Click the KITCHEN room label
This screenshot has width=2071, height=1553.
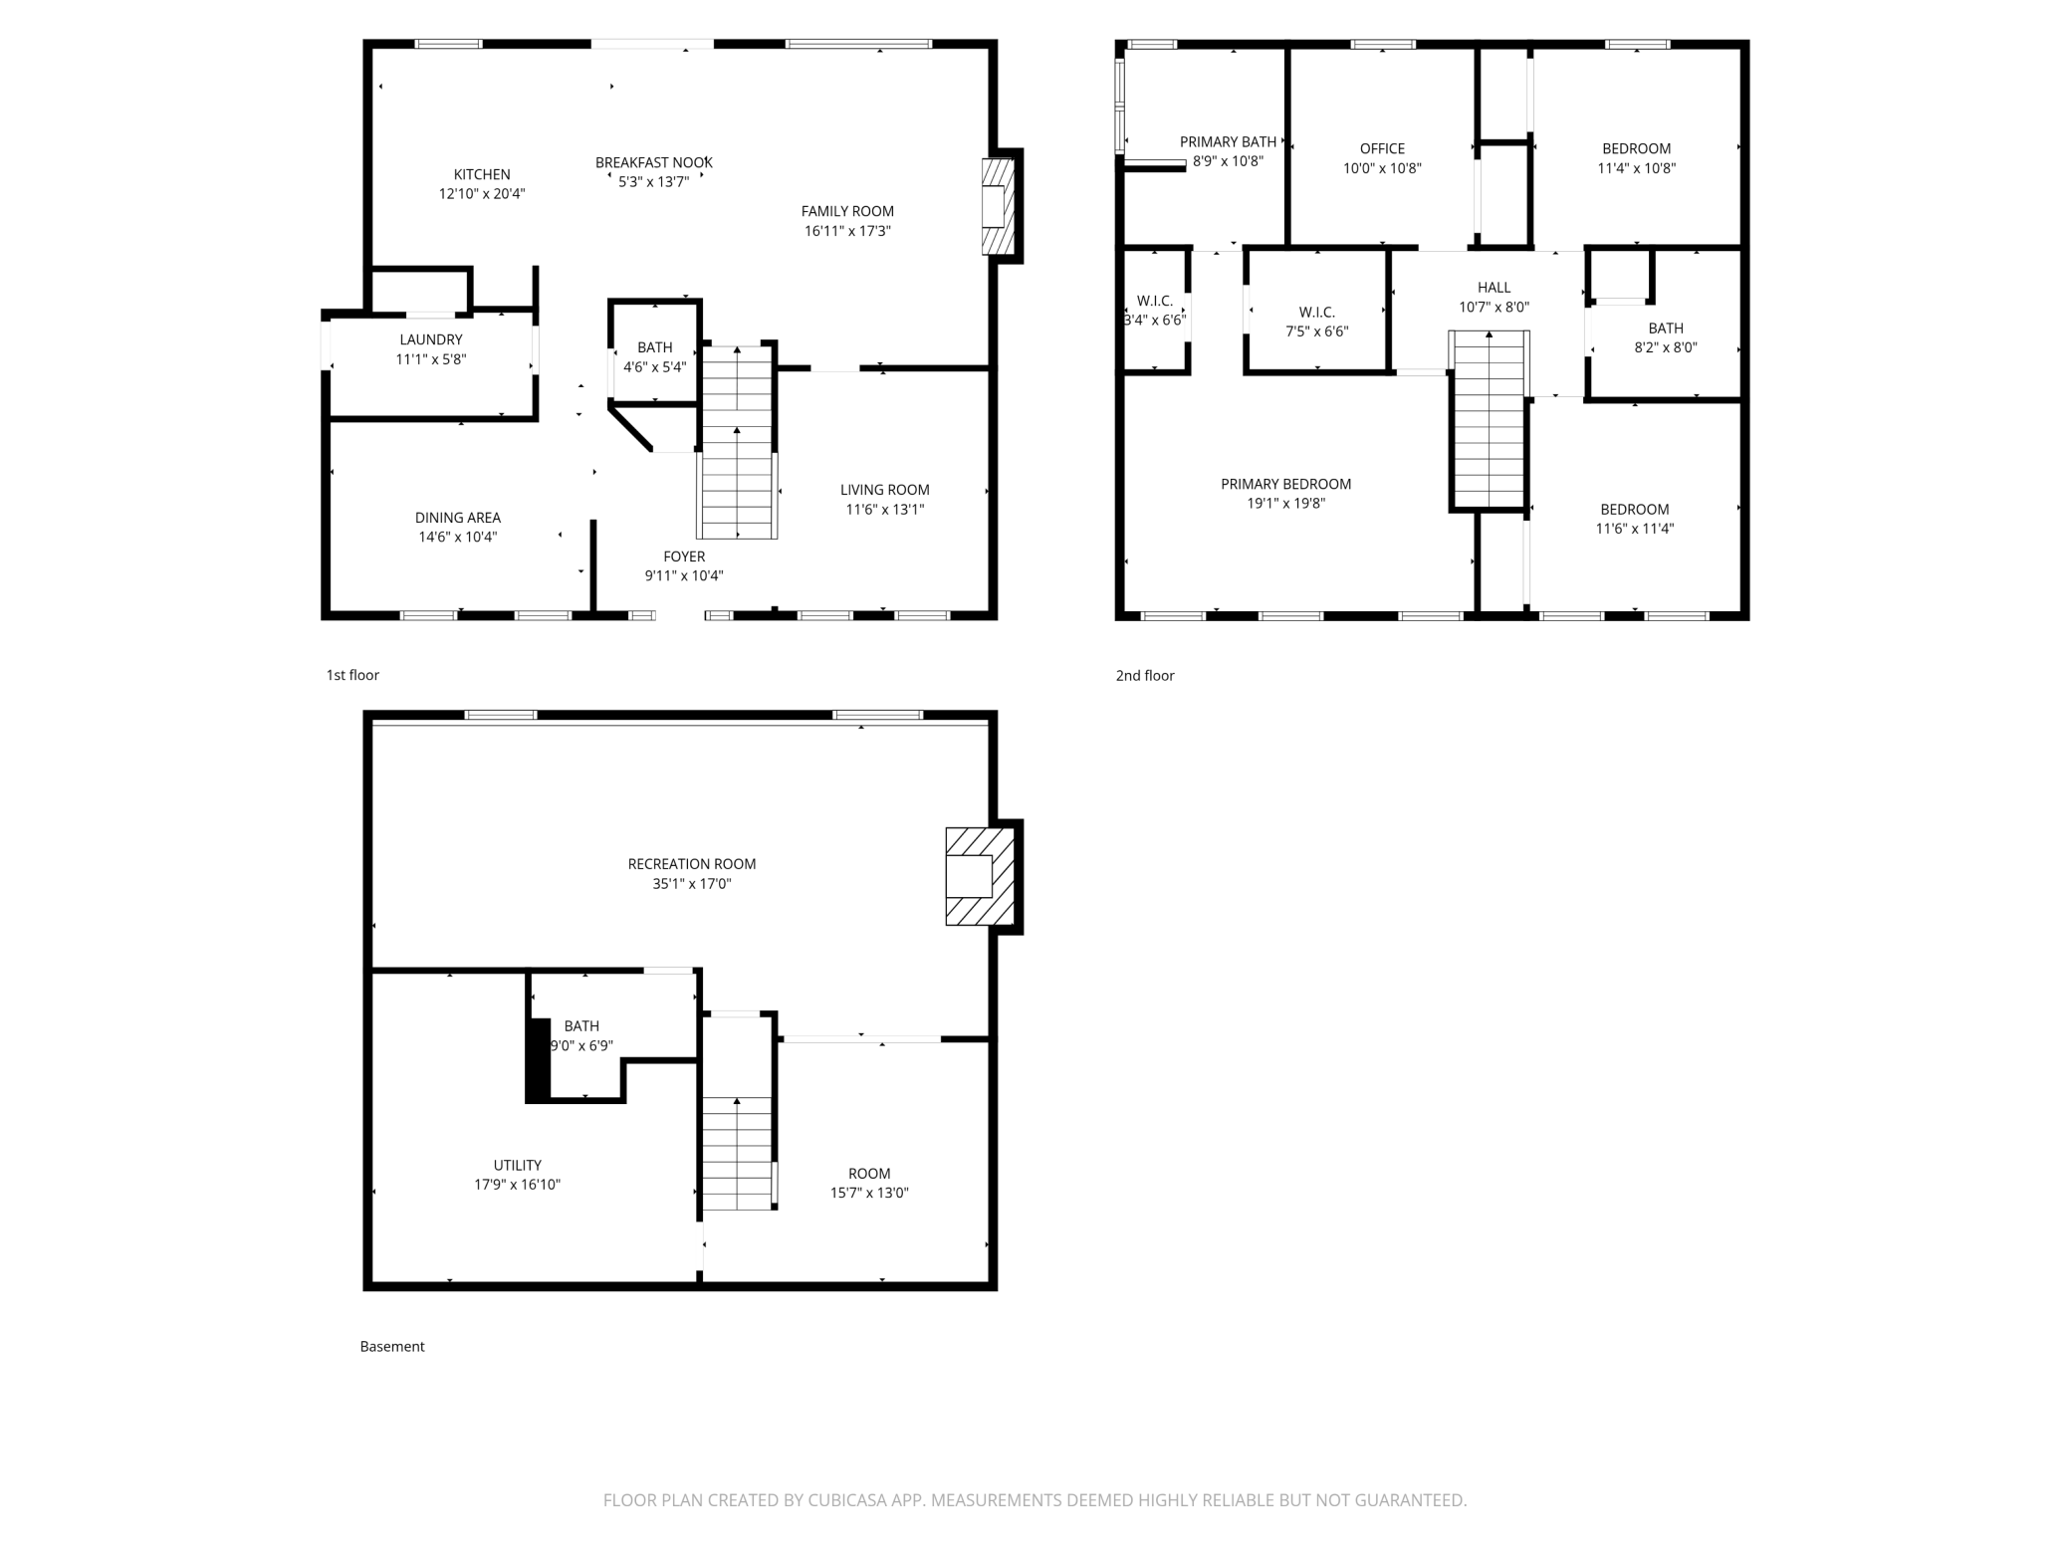pyautogui.click(x=482, y=174)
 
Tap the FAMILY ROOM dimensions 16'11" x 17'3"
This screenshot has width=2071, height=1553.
pyautogui.click(x=847, y=231)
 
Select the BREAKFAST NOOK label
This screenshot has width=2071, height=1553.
pyautogui.click(x=654, y=162)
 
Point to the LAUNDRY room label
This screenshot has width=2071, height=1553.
pyautogui.click(x=431, y=339)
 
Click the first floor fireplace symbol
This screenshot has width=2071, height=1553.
pyautogui.click(x=998, y=206)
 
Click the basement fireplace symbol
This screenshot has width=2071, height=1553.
pyautogui.click(x=980, y=876)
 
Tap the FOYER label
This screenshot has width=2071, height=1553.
pyautogui.click(x=684, y=556)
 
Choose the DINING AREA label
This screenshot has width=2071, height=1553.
pyautogui.click(x=458, y=518)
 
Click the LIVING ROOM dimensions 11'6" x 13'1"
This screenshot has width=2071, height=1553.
pyautogui.click(x=885, y=510)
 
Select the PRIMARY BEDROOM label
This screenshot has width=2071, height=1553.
pyautogui.click(x=1286, y=484)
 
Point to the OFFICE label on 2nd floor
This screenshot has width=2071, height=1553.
pyautogui.click(x=1382, y=148)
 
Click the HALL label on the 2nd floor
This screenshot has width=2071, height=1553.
pyautogui.click(x=1494, y=288)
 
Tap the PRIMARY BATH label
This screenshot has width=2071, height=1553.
pyautogui.click(x=1228, y=141)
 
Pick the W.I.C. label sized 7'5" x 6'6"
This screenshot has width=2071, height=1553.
pyautogui.click(x=1316, y=312)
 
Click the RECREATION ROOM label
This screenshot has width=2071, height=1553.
pyautogui.click(x=692, y=864)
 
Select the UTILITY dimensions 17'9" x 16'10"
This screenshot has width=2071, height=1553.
pyautogui.click(x=518, y=1185)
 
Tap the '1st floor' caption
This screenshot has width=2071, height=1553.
pyautogui.click(x=352, y=675)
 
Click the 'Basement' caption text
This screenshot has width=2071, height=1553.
pyautogui.click(x=392, y=1346)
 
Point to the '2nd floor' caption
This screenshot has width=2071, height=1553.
pyautogui.click(x=1145, y=675)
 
